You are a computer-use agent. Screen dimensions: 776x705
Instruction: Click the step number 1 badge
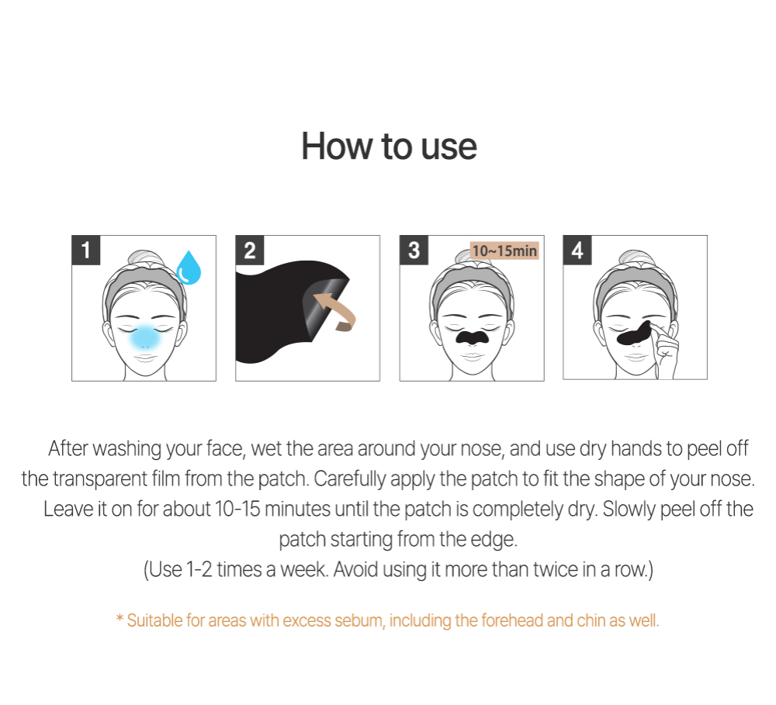click(x=86, y=251)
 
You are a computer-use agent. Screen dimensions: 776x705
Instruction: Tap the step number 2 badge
click(x=250, y=251)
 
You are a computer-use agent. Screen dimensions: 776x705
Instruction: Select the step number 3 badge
click(x=414, y=251)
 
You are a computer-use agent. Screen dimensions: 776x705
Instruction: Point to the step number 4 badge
click(x=577, y=251)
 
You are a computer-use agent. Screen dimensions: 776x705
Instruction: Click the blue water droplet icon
click(x=189, y=268)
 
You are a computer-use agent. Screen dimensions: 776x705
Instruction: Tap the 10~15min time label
click(x=504, y=251)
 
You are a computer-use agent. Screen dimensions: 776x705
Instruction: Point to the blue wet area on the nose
click(x=145, y=337)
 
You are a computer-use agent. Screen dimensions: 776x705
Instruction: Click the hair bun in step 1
click(x=145, y=258)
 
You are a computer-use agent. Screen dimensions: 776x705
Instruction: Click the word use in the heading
click(x=449, y=147)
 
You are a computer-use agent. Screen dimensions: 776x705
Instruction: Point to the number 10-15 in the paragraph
click(x=237, y=509)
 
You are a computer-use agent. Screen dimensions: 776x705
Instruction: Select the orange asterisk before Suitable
click(x=120, y=618)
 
